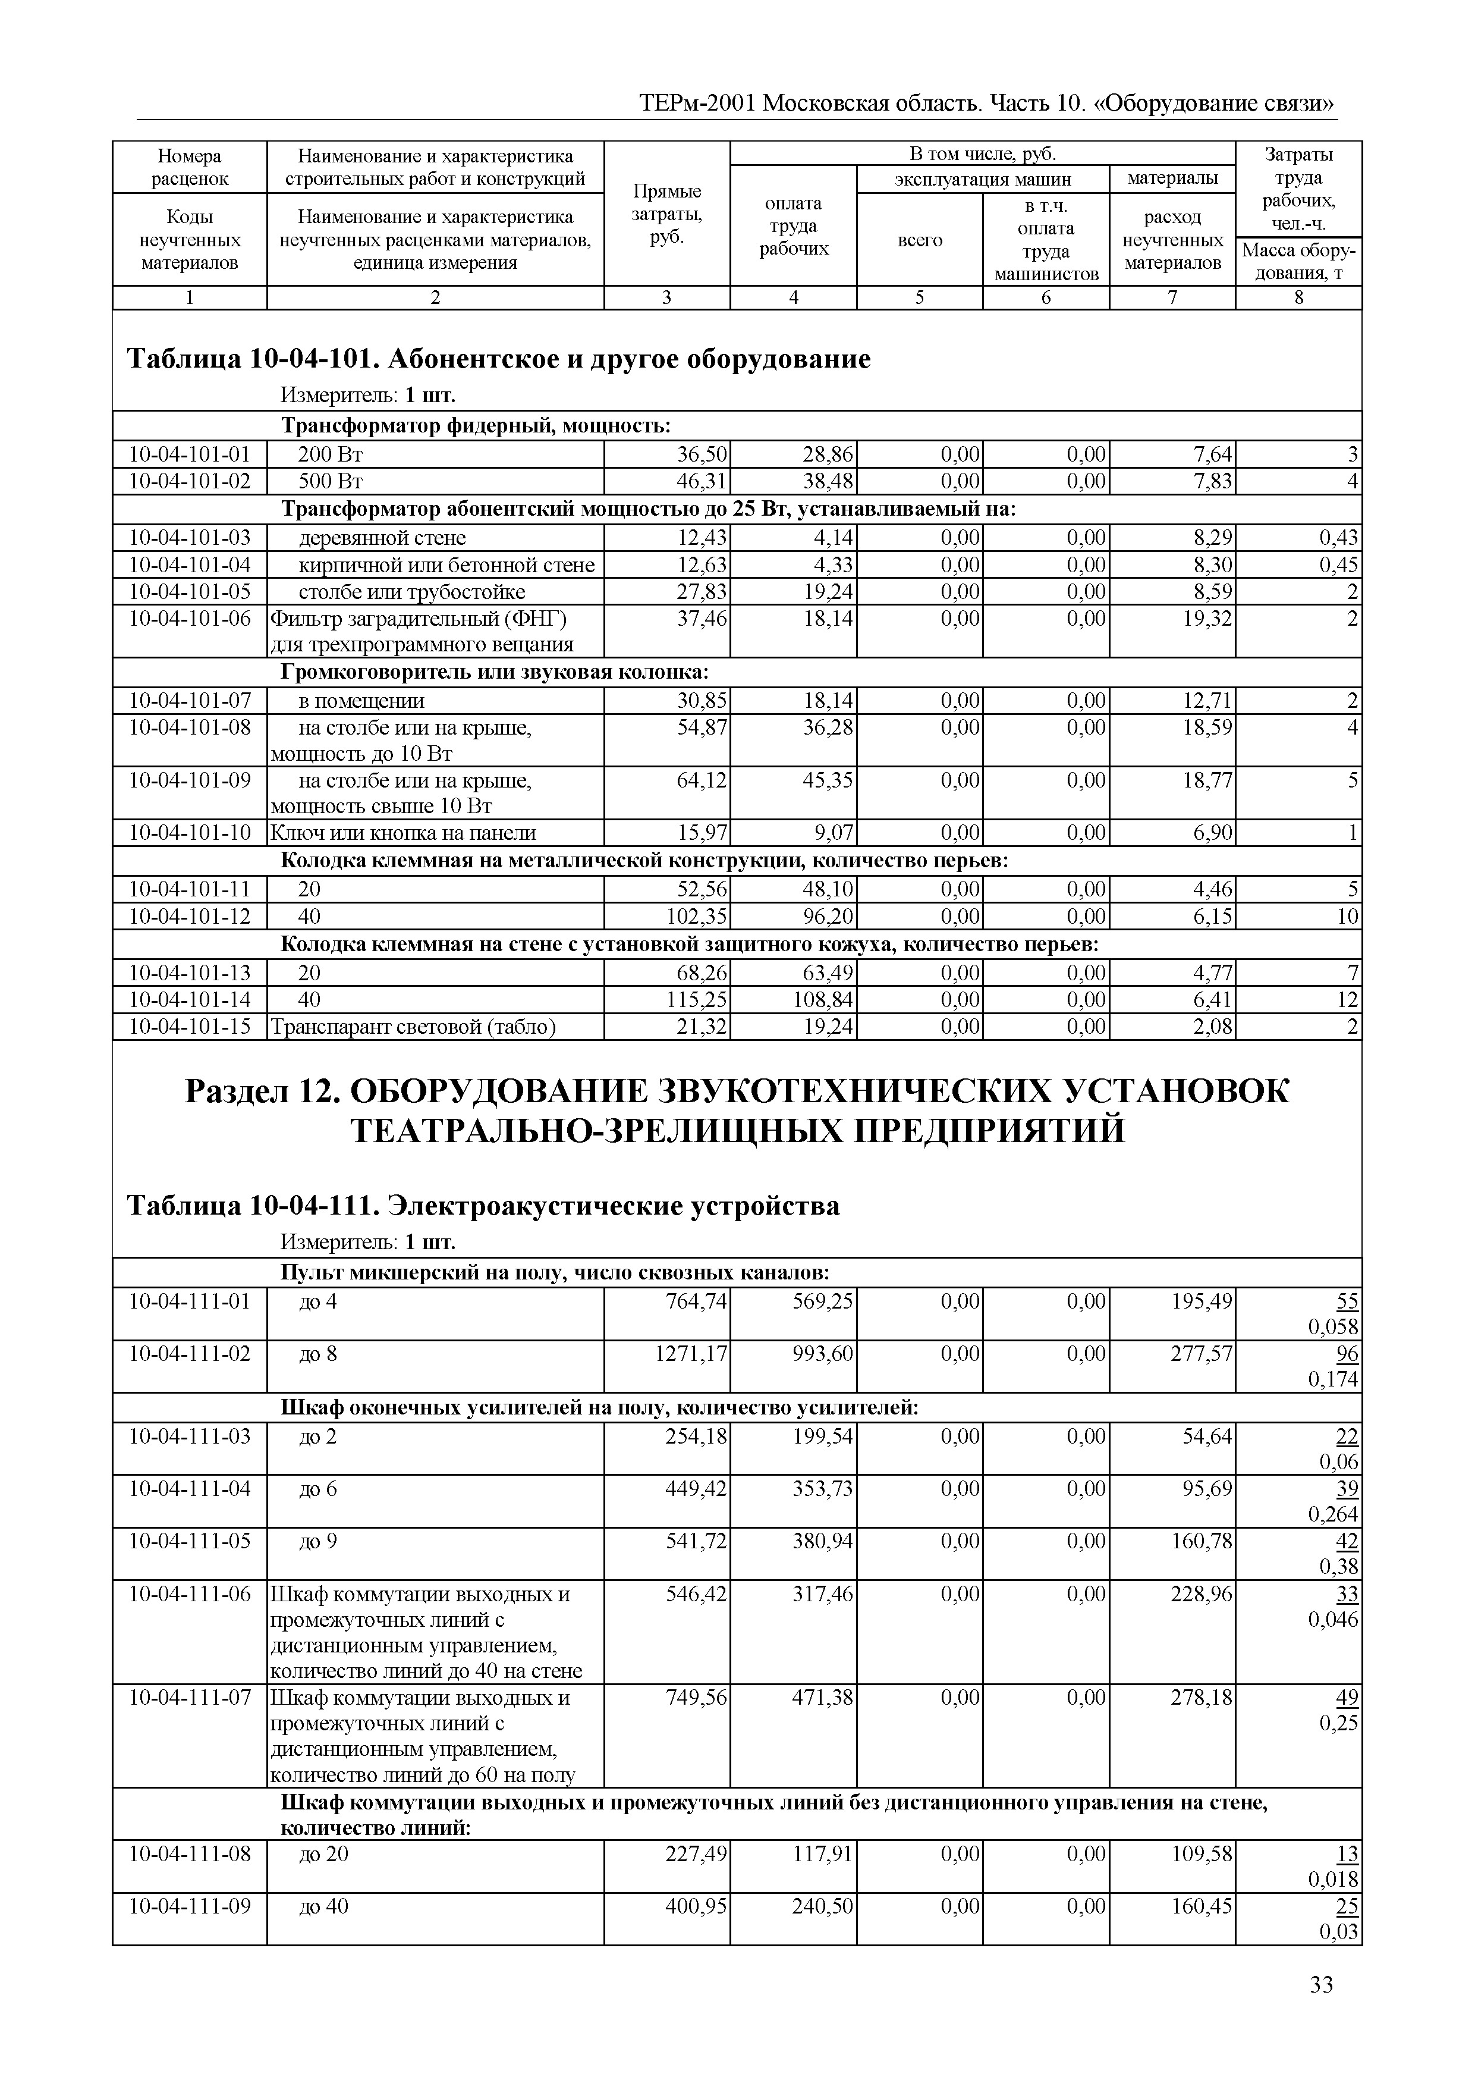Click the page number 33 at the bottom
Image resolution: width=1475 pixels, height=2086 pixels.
[x=1320, y=1985]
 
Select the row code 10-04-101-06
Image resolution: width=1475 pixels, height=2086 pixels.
[x=190, y=619]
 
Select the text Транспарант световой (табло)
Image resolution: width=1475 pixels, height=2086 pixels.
[x=413, y=1027]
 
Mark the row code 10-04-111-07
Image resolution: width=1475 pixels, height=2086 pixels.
[x=190, y=1697]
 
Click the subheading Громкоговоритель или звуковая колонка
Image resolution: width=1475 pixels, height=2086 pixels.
[x=494, y=672]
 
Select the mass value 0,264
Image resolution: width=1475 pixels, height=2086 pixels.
[x=1332, y=1514]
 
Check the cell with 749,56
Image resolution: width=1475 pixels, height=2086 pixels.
[x=696, y=1697]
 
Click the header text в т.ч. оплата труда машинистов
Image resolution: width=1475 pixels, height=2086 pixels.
[x=1045, y=240]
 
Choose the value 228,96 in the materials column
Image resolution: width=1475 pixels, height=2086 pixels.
[x=1202, y=1593]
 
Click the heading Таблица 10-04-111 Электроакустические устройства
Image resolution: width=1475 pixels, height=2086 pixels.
[x=483, y=1206]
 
